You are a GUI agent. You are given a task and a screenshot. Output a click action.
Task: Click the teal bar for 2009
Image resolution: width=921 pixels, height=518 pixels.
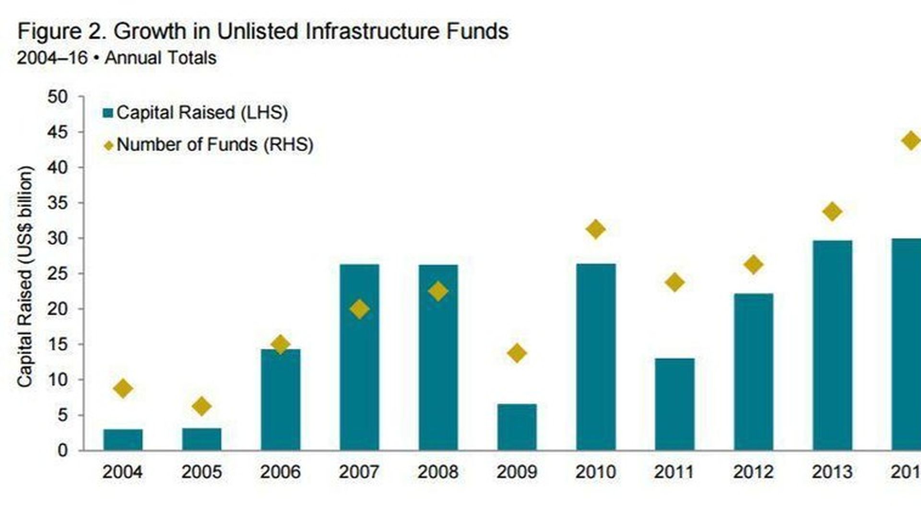pyautogui.click(x=517, y=427)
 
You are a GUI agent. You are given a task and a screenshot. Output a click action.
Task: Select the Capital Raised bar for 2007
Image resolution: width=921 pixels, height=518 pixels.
pyautogui.click(x=359, y=357)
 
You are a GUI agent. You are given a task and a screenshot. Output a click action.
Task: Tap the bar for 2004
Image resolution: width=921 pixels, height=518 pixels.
pyautogui.click(x=123, y=439)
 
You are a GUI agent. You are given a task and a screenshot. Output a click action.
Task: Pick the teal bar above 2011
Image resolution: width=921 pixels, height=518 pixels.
pyautogui.click(x=674, y=404)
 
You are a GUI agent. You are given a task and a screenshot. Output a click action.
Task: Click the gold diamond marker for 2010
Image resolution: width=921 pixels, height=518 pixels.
pyautogui.click(x=595, y=229)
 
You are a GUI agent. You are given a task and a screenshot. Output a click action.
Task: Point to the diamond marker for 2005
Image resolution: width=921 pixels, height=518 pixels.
pyautogui.click(x=201, y=406)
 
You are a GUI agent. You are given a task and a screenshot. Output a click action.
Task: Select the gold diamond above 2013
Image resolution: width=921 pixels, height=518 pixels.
pyautogui.click(x=832, y=212)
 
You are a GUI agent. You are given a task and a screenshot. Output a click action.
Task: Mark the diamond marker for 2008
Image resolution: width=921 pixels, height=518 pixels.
pyautogui.click(x=438, y=291)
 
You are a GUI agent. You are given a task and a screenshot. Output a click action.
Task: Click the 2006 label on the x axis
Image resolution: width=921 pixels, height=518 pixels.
pyautogui.click(x=280, y=472)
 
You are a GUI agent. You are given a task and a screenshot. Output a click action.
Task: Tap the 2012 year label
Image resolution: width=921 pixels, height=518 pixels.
pyautogui.click(x=753, y=472)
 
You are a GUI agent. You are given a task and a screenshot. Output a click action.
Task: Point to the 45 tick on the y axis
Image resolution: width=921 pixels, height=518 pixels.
pyautogui.click(x=58, y=132)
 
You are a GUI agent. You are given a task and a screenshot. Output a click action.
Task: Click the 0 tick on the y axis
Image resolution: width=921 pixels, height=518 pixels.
pyautogui.click(x=62, y=450)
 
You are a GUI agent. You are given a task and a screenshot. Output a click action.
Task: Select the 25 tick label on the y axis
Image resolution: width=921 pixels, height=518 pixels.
pyautogui.click(x=58, y=274)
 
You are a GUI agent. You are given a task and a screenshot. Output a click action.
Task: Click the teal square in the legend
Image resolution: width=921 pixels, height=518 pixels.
pyautogui.click(x=108, y=113)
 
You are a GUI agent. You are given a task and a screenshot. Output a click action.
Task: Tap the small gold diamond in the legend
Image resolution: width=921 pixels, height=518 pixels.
pyautogui.click(x=109, y=145)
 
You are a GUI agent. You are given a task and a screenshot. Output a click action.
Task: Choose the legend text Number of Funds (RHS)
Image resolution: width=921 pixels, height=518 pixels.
pyautogui.click(x=215, y=144)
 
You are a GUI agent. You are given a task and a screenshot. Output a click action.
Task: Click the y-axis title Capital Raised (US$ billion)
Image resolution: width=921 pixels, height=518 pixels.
pyautogui.click(x=25, y=276)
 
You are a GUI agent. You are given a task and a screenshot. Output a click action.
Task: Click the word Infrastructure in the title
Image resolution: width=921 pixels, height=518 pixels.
pyautogui.click(x=373, y=32)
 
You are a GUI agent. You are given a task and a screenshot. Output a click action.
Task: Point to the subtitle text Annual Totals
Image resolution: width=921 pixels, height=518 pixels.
pyautogui.click(x=161, y=58)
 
